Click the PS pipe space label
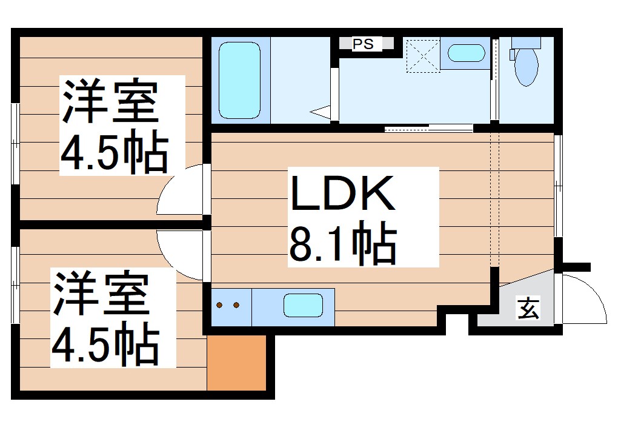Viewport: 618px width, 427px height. coord(364,44)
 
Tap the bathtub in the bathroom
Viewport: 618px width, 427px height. coord(239,79)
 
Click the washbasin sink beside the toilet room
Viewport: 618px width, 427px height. coord(466,54)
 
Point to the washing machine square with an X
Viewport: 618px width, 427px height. coord(422,55)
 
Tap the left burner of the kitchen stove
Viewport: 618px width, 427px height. coord(221,305)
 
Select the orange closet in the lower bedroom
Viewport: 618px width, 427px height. coord(237,362)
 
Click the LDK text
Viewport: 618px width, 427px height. coord(344,195)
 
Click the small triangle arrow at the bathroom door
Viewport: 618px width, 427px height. coord(321,112)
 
